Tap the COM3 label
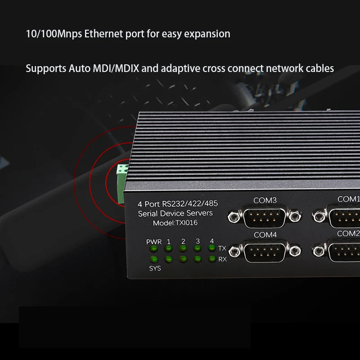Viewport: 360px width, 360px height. click(265, 200)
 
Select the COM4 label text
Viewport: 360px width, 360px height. click(265, 235)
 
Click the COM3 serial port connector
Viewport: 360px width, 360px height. click(264, 217)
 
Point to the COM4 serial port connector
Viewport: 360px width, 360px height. click(264, 252)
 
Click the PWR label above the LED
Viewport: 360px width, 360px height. click(153, 242)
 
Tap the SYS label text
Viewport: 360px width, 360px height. click(154, 268)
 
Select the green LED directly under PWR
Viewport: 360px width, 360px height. click(154, 249)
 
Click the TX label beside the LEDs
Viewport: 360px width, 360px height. click(222, 248)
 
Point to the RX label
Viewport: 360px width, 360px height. click(222, 259)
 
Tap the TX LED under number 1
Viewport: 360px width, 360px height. click(169, 248)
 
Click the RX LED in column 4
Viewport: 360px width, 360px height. click(211, 259)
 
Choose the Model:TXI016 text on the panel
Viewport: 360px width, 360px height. click(175, 223)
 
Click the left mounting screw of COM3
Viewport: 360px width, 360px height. click(233, 218)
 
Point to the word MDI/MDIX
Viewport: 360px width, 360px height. click(119, 68)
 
